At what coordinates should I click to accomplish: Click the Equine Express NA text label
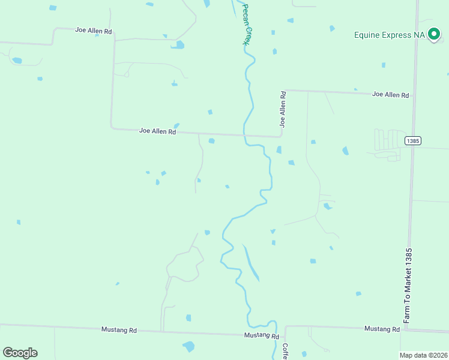point(390,35)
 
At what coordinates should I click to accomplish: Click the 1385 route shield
point(412,141)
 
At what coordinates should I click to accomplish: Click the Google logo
point(20,353)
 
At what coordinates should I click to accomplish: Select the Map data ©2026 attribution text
point(423,355)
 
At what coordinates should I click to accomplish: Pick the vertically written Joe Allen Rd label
point(282,109)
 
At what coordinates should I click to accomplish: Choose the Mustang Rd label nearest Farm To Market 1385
point(382,329)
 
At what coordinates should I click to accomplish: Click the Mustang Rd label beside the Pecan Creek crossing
point(261,336)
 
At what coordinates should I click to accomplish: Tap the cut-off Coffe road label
point(285,351)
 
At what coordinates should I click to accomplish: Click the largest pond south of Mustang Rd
point(189,346)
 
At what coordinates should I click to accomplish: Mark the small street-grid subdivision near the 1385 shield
point(389,144)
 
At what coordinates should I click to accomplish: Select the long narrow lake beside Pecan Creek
point(252,263)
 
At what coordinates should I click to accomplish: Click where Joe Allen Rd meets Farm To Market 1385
point(415,96)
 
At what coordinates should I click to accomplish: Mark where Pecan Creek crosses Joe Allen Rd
point(244,134)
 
